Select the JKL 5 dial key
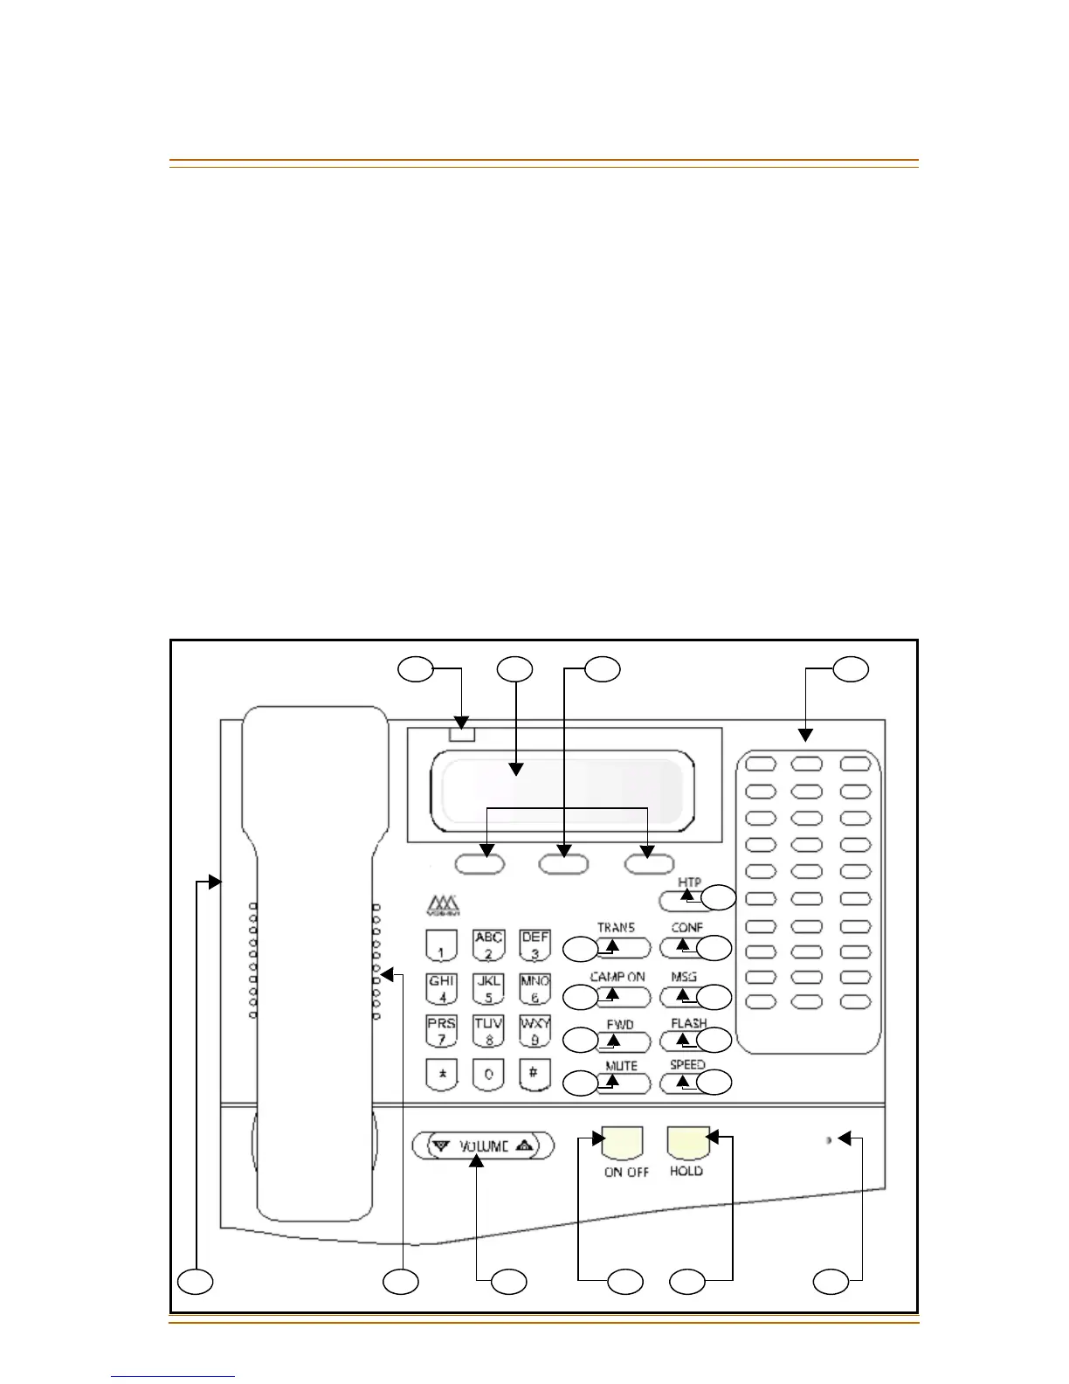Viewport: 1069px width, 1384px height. click(x=488, y=990)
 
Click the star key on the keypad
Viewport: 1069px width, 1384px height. click(x=442, y=1074)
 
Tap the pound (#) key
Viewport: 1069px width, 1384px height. click(x=534, y=1074)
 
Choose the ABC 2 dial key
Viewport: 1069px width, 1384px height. click(x=488, y=945)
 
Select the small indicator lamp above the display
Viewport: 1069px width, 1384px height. click(x=463, y=734)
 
